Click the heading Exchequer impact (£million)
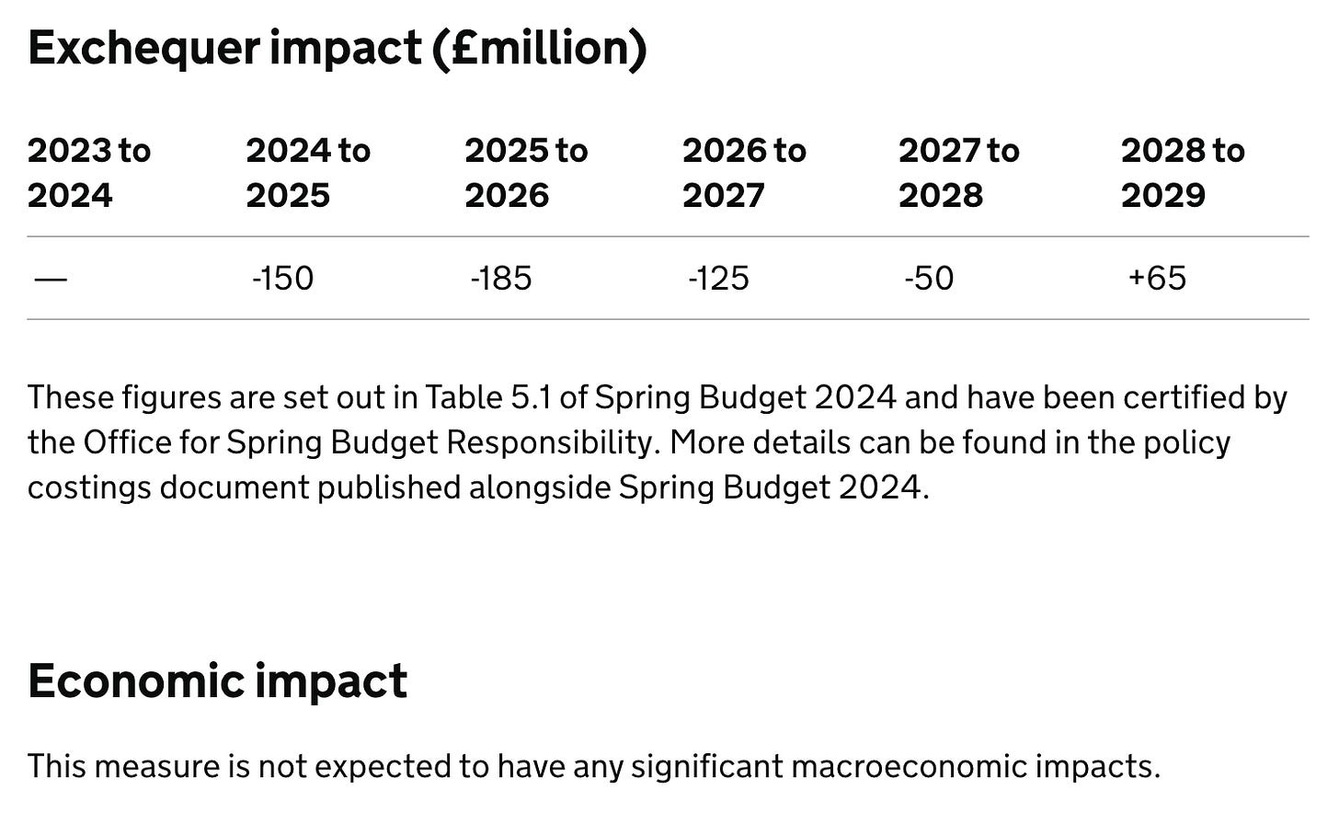pyautogui.click(x=338, y=49)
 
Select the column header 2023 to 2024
pyautogui.click(x=88, y=173)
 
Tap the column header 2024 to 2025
pyautogui.click(x=307, y=173)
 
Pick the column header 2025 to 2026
pyautogui.click(x=525, y=173)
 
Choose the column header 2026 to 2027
pyautogui.click(x=743, y=173)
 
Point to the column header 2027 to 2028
pyautogui.click(x=958, y=173)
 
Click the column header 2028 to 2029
pyautogui.click(x=1182, y=173)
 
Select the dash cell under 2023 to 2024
pyautogui.click(x=50, y=279)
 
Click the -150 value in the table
pyautogui.click(x=282, y=279)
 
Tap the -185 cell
pyautogui.click(x=501, y=279)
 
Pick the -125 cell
pyautogui.click(x=718, y=279)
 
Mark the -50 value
pyautogui.click(x=929, y=279)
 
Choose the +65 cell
pyautogui.click(x=1157, y=279)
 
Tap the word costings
pyautogui.click(x=89, y=487)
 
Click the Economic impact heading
pyautogui.click(x=217, y=681)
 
